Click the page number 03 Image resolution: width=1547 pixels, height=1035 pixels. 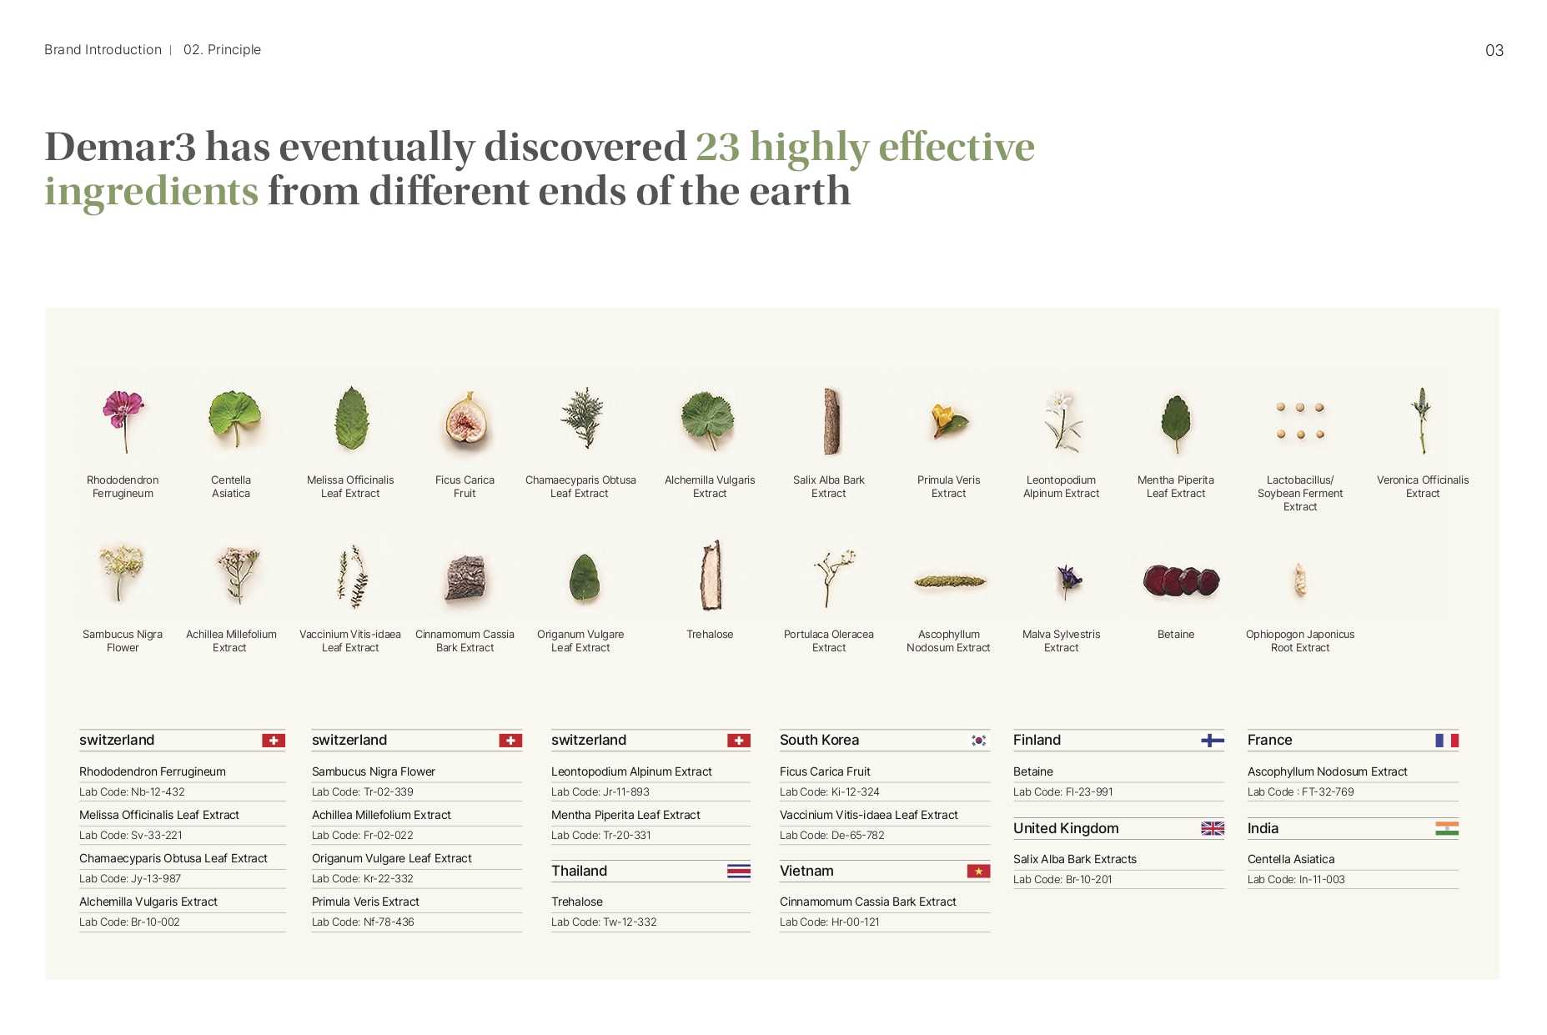click(x=1494, y=51)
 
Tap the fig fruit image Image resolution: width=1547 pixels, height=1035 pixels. click(x=465, y=421)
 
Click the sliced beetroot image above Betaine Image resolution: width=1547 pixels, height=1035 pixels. click(x=1181, y=580)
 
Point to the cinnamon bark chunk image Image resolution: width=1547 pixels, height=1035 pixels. click(x=465, y=578)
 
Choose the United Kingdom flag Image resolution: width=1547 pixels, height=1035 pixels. click(x=1213, y=828)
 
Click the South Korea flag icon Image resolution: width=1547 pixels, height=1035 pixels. click(x=979, y=741)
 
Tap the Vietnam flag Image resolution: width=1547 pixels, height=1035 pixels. click(x=978, y=872)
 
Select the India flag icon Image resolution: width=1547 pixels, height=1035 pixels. click(x=1447, y=828)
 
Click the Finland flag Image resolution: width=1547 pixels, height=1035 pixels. click(x=1213, y=741)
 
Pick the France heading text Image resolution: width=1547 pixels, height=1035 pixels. click(x=1269, y=740)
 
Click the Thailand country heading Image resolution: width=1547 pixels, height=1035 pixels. click(x=579, y=871)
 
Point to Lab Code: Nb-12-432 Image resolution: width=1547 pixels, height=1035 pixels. click(x=132, y=792)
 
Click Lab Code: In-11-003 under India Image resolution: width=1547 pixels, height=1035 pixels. click(x=1296, y=880)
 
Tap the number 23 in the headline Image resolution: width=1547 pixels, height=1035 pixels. click(x=718, y=147)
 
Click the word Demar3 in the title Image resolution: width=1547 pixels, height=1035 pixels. click(x=120, y=147)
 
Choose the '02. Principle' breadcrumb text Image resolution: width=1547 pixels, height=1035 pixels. click(x=222, y=50)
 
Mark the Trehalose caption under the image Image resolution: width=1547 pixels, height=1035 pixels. click(x=710, y=635)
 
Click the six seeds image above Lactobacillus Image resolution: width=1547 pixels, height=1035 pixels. click(x=1300, y=420)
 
